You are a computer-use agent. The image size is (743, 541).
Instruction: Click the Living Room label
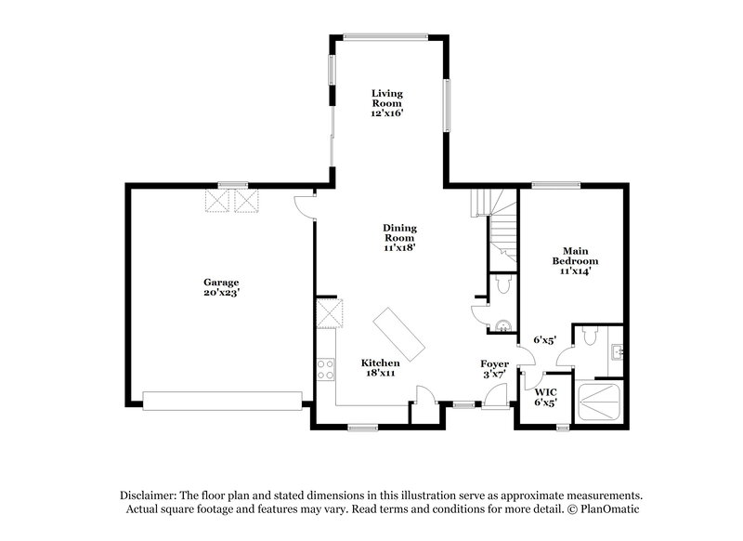(388, 102)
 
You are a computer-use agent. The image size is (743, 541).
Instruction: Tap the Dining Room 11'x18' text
(399, 237)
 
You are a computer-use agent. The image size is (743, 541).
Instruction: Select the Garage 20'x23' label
(222, 286)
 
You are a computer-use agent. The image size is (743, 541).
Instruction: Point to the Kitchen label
(381, 367)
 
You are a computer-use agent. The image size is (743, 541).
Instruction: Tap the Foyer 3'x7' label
(493, 367)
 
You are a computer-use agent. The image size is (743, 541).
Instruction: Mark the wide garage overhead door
(222, 400)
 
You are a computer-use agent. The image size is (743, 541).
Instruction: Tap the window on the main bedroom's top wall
(555, 183)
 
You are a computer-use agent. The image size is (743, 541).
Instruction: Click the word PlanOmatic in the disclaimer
(609, 510)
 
